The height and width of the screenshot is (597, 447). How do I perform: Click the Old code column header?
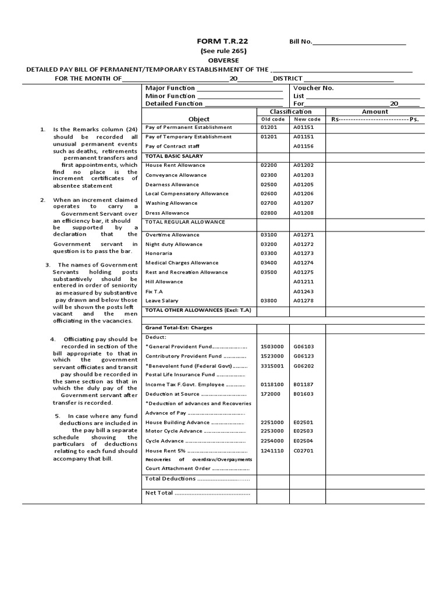273,119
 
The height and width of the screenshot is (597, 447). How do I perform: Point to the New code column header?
307,119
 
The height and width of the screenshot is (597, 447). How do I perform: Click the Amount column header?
375,111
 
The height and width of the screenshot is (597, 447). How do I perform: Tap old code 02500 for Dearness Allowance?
270,184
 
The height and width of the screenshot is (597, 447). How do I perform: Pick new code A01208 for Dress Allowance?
303,213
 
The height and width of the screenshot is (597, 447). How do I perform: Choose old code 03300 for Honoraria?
270,254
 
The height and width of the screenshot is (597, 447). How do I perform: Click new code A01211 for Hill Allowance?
303,282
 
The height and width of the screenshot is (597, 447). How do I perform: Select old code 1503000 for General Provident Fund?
272,346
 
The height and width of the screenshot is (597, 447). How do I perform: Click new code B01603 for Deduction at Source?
303,394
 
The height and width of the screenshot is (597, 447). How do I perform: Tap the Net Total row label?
159,493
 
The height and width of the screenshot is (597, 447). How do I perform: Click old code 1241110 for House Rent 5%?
272,450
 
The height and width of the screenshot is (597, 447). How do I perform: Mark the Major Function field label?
170,88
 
